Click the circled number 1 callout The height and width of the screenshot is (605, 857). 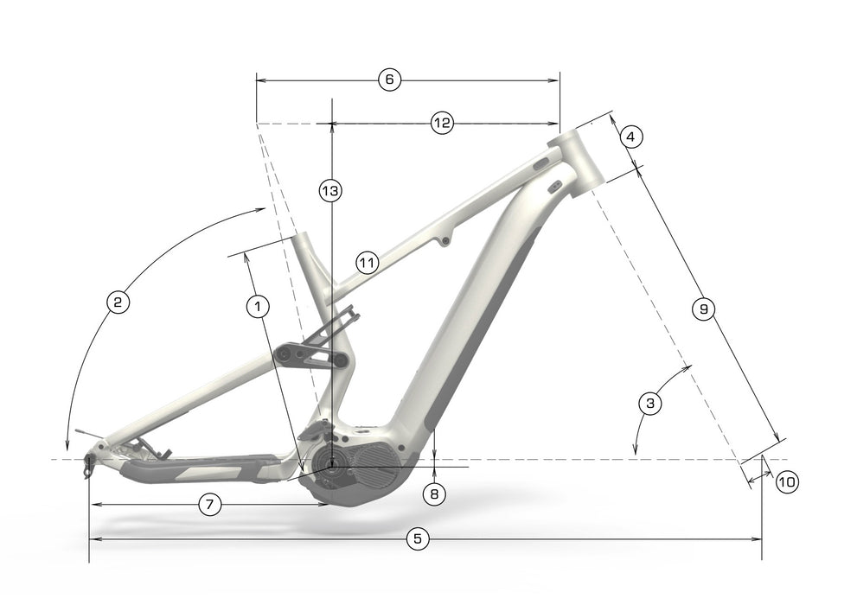(258, 306)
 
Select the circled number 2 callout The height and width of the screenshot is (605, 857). (118, 302)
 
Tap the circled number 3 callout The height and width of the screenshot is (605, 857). (650, 404)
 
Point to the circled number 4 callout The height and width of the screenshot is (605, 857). (631, 137)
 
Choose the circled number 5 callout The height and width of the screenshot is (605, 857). (418, 539)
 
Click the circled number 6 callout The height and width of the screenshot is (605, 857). (390, 80)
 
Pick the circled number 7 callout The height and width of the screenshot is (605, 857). (210, 505)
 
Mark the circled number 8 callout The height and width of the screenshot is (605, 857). (434, 494)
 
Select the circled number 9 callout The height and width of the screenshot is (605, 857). (703, 309)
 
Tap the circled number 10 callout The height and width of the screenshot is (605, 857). (787, 482)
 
